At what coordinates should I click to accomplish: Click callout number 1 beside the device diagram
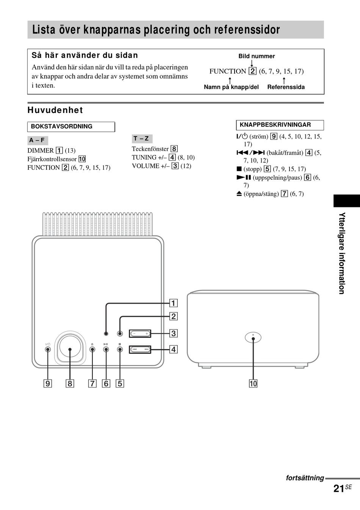pos(173,303)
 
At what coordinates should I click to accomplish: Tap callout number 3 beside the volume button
pos(173,333)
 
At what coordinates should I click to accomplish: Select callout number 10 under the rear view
pos(253,383)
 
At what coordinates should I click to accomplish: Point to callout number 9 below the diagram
pos(48,383)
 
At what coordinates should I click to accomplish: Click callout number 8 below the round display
pos(70,383)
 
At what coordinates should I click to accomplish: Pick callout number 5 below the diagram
pos(120,383)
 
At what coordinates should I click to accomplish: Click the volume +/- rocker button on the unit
pos(140,334)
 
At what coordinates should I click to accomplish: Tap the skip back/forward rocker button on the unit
pos(140,349)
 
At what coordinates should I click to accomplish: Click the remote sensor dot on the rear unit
pos(253,339)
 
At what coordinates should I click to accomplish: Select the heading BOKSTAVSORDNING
pos(61,127)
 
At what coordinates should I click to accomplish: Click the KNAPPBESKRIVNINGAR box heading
pos(275,125)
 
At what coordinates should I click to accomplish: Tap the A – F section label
pos(37,140)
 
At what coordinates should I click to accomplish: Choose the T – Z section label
pos(141,139)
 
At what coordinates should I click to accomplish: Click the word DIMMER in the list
pos(41,151)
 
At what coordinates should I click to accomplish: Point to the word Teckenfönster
pos(150,149)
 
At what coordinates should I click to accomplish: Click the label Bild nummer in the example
pos(257,56)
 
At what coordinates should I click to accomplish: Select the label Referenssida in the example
pos(286,87)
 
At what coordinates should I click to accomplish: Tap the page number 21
pos(339,489)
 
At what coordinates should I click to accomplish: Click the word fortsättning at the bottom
pos(305,478)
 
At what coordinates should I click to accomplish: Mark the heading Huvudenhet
pos(55,110)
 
